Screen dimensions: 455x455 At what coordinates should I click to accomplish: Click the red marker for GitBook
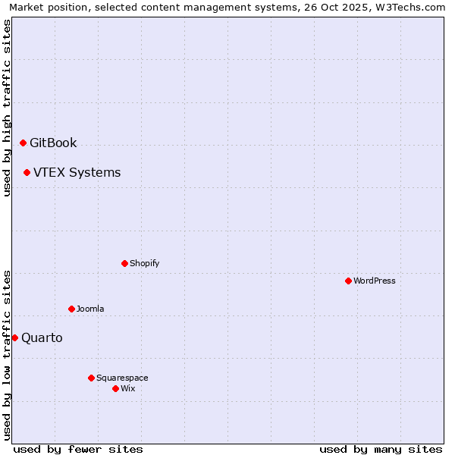click(x=23, y=143)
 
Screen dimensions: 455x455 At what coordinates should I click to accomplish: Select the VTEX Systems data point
click(x=27, y=172)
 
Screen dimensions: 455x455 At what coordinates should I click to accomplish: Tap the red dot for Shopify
click(x=124, y=263)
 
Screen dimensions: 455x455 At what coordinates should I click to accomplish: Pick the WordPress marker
click(x=348, y=281)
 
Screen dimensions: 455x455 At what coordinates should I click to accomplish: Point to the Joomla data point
click(x=71, y=309)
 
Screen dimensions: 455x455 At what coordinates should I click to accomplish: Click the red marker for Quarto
click(x=14, y=337)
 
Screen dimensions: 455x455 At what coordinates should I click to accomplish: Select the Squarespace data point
click(x=91, y=378)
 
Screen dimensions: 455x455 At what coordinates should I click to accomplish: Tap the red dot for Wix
click(x=115, y=388)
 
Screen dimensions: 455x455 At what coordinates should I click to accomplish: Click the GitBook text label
click(x=53, y=143)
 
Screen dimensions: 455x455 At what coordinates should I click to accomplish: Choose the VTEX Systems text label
click(x=77, y=172)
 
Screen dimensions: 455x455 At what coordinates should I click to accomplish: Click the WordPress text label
click(x=375, y=281)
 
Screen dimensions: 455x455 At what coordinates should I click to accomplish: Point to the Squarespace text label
click(x=122, y=378)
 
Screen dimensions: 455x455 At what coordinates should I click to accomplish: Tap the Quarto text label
click(x=42, y=337)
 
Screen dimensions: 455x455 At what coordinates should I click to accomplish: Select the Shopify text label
click(x=144, y=263)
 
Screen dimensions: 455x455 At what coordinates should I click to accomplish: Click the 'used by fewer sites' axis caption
click(x=78, y=449)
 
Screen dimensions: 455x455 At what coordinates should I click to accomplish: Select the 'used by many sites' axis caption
click(x=381, y=449)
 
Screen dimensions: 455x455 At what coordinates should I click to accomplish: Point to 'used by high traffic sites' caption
click(x=7, y=107)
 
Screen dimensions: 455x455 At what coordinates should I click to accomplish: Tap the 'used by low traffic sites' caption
click(x=7, y=355)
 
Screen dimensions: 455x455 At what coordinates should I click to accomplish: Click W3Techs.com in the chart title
click(x=411, y=7)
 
